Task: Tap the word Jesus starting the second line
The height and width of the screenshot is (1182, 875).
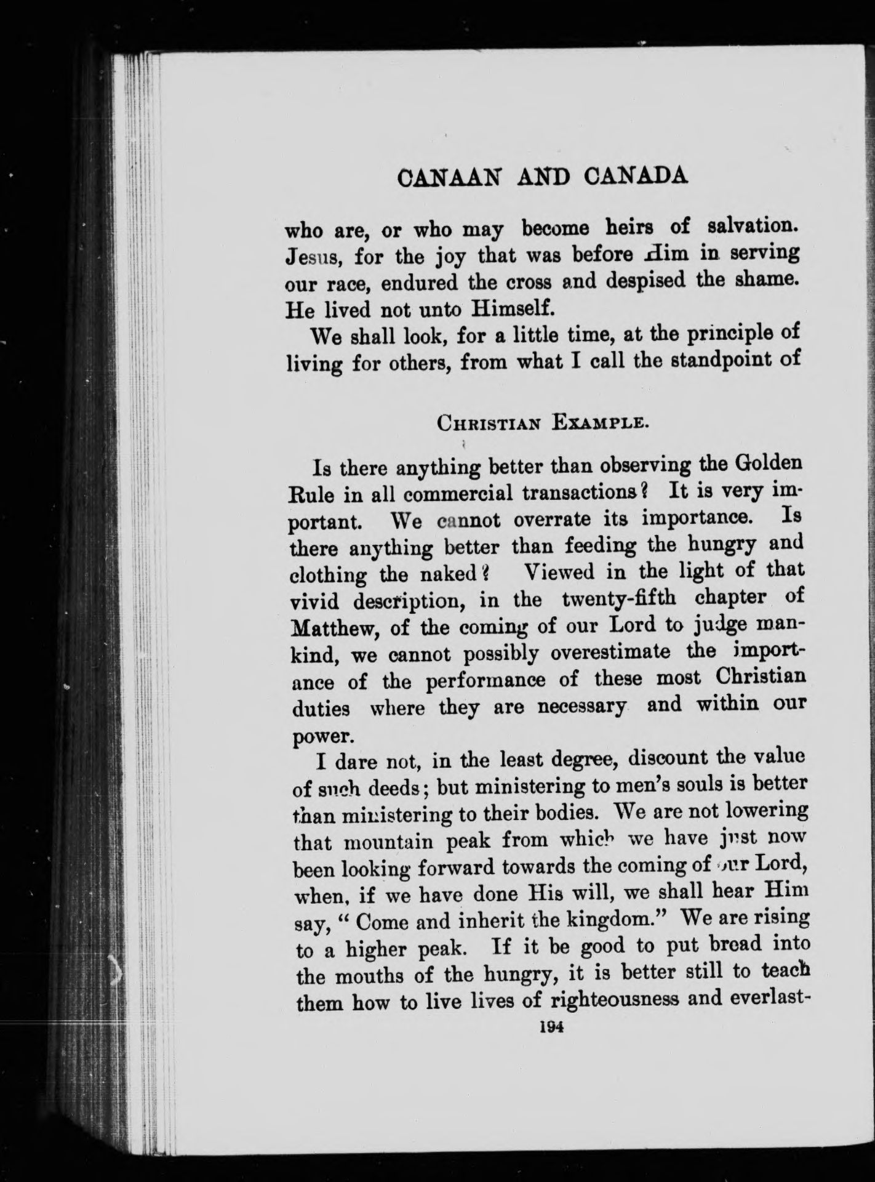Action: tap(316, 257)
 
